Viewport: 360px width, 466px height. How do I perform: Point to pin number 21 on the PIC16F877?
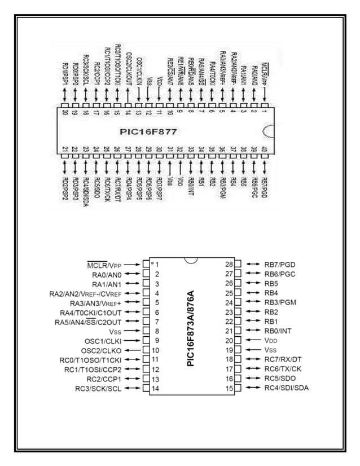pyautogui.click(x=65, y=149)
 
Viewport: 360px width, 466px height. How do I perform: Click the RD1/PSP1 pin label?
pyautogui.click(x=65, y=74)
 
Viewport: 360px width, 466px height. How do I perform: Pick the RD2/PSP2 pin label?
pyautogui.click(x=65, y=190)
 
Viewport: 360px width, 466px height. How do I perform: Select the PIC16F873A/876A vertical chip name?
pyautogui.click(x=191, y=327)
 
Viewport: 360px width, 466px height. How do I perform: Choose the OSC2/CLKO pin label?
pyautogui.click(x=102, y=350)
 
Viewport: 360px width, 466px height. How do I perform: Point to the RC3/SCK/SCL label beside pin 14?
pyautogui.click(x=99, y=388)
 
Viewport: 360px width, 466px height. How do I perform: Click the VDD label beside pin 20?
pyautogui.click(x=271, y=341)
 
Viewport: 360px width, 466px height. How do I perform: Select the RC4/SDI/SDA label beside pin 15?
pyautogui.click(x=286, y=388)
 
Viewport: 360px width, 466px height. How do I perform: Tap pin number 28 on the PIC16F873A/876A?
pyautogui.click(x=229, y=264)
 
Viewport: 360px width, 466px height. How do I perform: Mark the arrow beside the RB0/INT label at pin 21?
pyautogui.click(x=252, y=331)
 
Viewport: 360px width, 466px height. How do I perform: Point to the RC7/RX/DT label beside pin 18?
pyautogui.click(x=283, y=359)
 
